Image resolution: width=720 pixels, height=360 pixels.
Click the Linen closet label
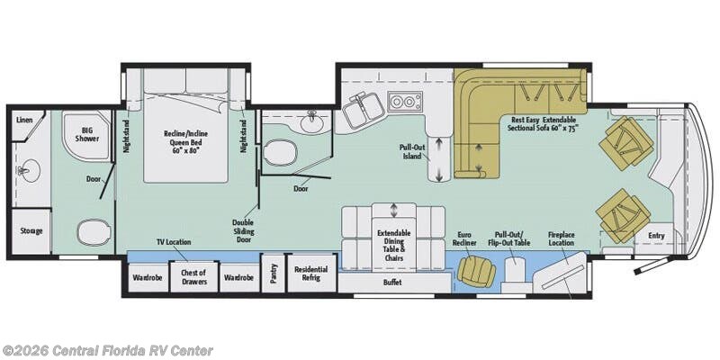[24, 120]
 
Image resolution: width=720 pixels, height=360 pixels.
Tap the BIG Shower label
[87, 133]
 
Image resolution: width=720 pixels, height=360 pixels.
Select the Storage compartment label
[31, 230]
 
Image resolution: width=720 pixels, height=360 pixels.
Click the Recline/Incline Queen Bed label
[185, 141]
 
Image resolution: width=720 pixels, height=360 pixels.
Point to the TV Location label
[174, 242]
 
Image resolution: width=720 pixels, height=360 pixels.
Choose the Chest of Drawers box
[193, 277]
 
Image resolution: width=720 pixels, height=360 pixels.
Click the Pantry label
[274, 273]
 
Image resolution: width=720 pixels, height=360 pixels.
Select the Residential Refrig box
[311, 273]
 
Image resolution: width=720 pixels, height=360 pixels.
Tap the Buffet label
[392, 283]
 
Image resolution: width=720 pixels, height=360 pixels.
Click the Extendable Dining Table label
[394, 246]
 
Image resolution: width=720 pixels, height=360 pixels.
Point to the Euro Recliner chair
[476, 271]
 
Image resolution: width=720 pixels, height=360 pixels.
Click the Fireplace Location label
[561, 238]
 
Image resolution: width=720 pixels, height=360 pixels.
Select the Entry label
[657, 236]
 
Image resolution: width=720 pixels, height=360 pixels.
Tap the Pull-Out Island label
[413, 151]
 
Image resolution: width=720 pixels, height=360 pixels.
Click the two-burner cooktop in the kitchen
[405, 101]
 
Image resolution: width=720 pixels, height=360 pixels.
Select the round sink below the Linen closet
[31, 171]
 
